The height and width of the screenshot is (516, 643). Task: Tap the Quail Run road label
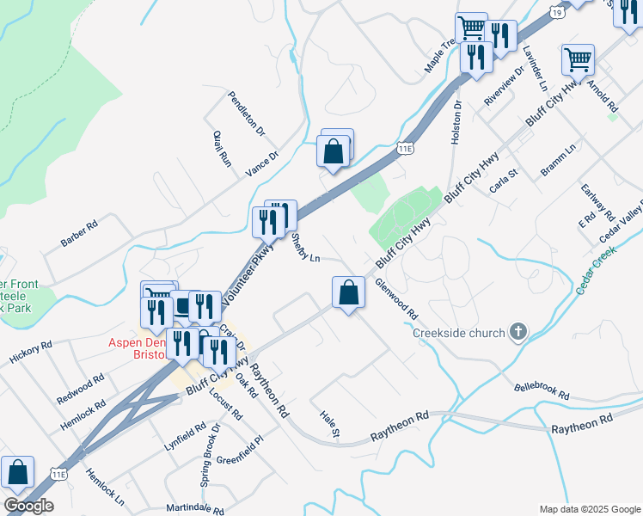click(x=222, y=147)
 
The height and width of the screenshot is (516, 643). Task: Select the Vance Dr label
click(x=262, y=163)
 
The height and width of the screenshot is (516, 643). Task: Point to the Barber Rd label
click(x=80, y=234)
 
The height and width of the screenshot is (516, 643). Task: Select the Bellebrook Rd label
click(x=542, y=390)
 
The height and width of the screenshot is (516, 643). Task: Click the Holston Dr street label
click(x=456, y=120)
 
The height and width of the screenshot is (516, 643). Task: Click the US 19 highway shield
click(x=560, y=13)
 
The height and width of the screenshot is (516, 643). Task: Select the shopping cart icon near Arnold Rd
click(x=579, y=58)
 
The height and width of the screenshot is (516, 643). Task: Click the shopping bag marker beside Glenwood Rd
click(x=347, y=292)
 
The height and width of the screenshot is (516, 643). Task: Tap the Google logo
click(x=29, y=506)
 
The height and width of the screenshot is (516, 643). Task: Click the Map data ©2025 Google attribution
click(x=590, y=508)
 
